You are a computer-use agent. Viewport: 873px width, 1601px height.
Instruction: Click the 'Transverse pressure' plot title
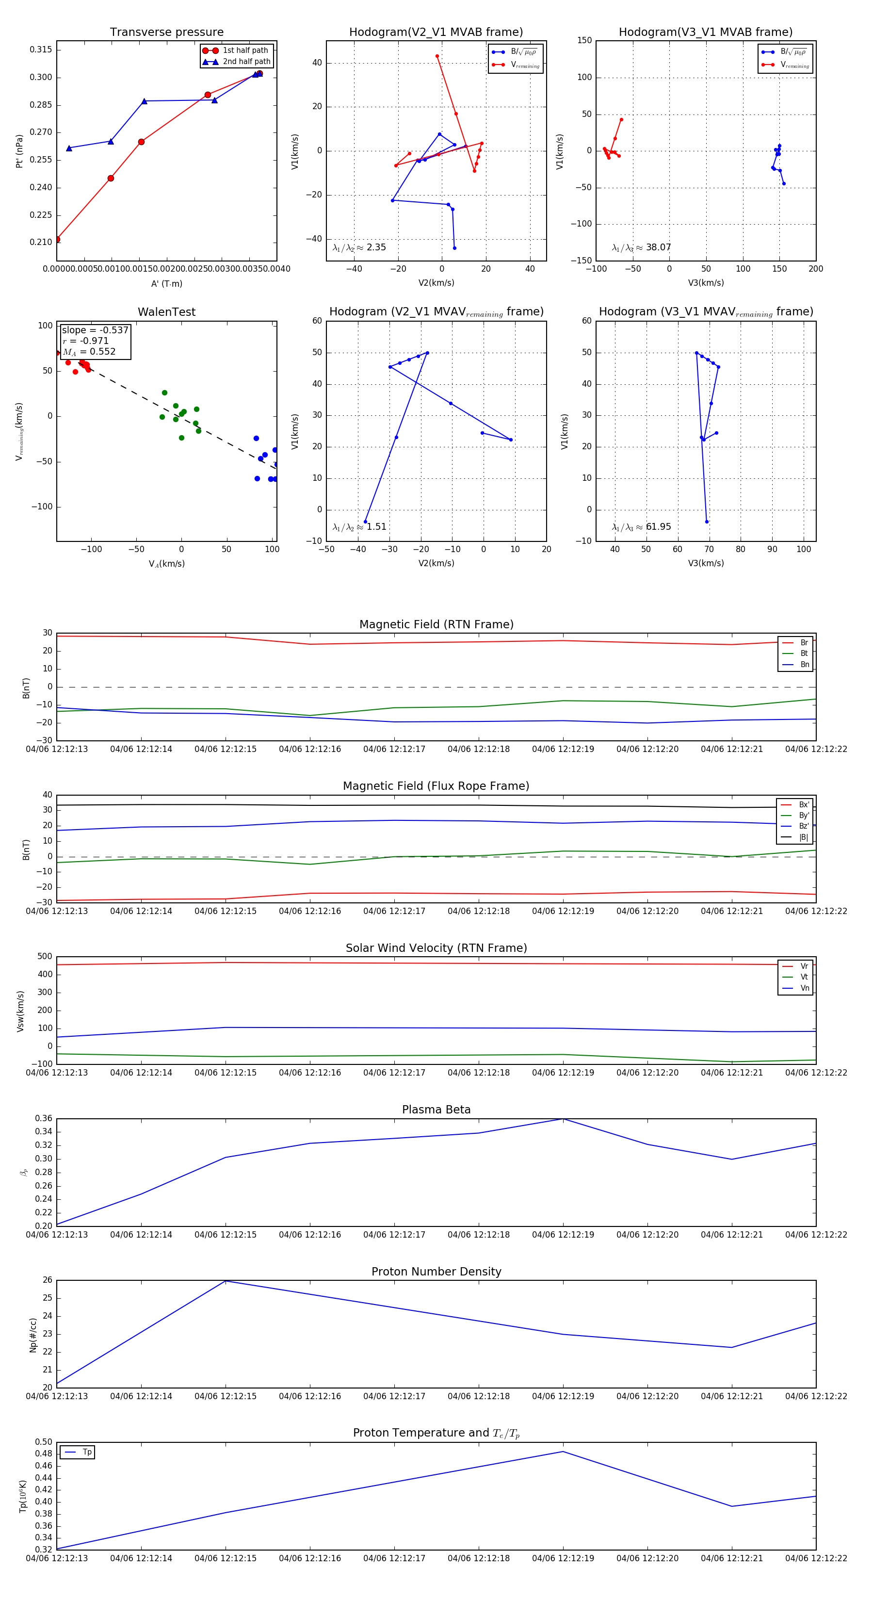point(166,33)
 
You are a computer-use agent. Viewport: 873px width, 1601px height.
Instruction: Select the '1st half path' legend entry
point(245,50)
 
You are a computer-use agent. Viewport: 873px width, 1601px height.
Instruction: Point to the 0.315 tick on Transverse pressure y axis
point(41,49)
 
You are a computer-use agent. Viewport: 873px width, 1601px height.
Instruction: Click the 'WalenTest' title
point(166,312)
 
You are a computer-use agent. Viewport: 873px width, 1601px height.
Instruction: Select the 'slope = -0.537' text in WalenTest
point(95,330)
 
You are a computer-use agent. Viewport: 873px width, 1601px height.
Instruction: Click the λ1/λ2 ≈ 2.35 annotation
point(359,247)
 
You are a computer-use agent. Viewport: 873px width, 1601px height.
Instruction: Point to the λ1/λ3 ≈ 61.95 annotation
point(641,527)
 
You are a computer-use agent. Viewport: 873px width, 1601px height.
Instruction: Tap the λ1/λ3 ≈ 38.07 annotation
point(641,247)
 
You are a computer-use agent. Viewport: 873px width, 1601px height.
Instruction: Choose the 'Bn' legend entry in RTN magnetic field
point(805,664)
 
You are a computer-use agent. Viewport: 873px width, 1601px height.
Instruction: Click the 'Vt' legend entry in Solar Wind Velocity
point(804,977)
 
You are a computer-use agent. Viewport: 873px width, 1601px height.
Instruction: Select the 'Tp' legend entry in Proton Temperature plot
point(87,1452)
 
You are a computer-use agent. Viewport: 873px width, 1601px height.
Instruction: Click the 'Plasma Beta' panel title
point(436,1110)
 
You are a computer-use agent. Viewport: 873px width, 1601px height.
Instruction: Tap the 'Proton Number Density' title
point(436,1272)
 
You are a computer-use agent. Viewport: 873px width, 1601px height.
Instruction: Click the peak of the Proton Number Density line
point(226,1281)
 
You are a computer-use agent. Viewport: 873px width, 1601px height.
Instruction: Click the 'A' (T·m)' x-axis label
point(166,284)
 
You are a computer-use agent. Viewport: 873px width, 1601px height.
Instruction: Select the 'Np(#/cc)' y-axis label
point(33,1335)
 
